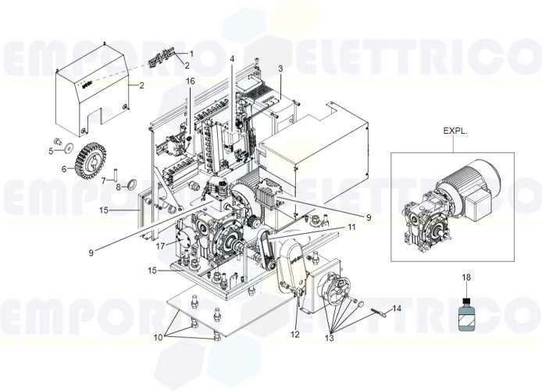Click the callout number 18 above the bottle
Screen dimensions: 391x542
[466, 278]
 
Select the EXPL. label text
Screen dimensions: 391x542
[455, 131]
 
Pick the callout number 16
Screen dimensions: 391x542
[190, 81]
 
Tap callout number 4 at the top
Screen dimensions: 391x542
[232, 59]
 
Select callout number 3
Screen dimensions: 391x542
[280, 70]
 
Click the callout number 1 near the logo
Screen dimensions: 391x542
[192, 54]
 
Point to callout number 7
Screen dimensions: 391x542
[102, 180]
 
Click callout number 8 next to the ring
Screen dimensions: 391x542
[119, 188]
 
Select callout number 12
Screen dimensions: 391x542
[295, 335]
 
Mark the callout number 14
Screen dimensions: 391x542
[398, 309]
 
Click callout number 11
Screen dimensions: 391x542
[351, 227]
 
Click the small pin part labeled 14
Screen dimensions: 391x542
[380, 314]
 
